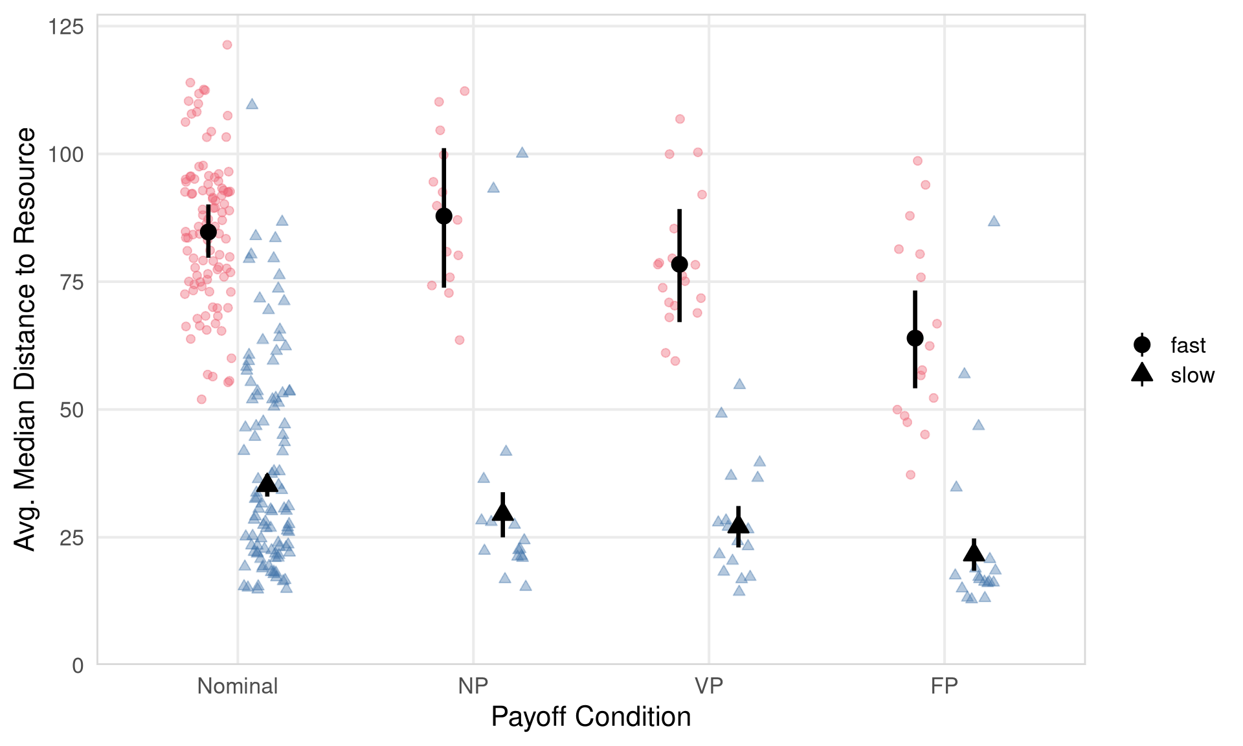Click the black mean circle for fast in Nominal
(x=208, y=232)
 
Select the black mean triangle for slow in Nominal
(x=267, y=483)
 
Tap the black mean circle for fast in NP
(x=444, y=216)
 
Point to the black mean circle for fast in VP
(x=680, y=264)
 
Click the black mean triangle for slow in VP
(x=739, y=525)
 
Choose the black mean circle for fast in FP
(x=915, y=338)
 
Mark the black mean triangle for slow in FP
(x=974, y=553)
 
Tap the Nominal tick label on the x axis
(x=238, y=686)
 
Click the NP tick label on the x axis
(x=473, y=686)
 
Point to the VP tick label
(x=709, y=686)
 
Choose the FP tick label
(x=944, y=686)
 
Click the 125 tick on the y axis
(x=66, y=27)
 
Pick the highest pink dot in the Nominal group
(x=227, y=45)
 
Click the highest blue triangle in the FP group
(x=994, y=221)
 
